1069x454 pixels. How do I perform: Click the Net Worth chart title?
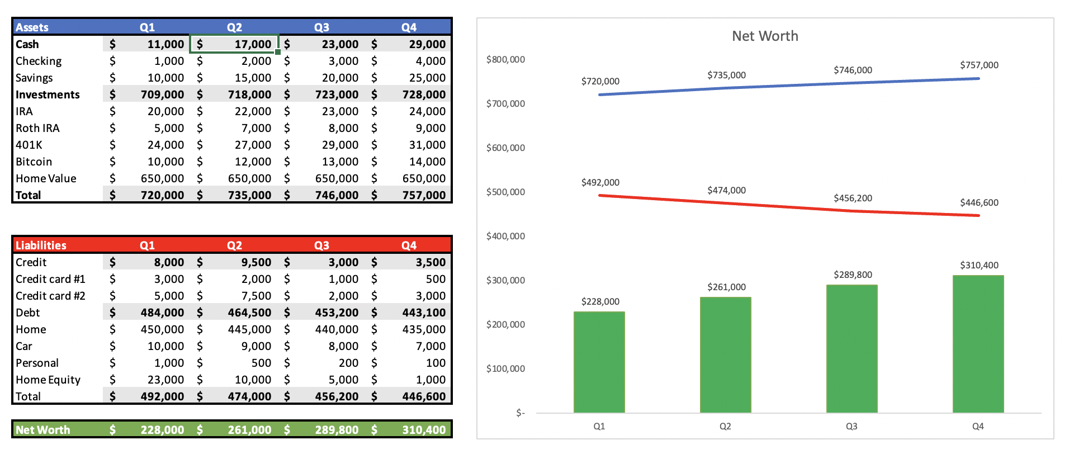click(x=765, y=36)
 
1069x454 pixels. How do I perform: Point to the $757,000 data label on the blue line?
click(x=979, y=65)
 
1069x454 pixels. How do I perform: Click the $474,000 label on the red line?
click(x=726, y=190)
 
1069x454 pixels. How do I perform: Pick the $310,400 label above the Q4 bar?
click(x=979, y=265)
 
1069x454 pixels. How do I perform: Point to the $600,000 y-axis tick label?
click(x=505, y=148)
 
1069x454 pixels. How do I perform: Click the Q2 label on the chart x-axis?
click(x=725, y=426)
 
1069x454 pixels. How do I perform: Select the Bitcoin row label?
click(x=34, y=162)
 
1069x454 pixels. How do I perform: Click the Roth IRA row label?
click(x=37, y=128)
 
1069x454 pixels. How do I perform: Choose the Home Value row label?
click(x=46, y=178)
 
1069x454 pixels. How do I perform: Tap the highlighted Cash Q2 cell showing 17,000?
click(x=235, y=44)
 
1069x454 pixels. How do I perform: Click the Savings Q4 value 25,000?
click(x=427, y=78)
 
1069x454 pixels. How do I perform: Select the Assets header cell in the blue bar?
click(x=32, y=27)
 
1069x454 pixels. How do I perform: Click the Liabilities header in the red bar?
click(x=41, y=245)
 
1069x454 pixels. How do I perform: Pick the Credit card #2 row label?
click(x=50, y=296)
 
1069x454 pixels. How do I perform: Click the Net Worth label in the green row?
click(x=43, y=430)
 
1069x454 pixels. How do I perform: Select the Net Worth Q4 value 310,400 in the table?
click(x=424, y=430)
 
